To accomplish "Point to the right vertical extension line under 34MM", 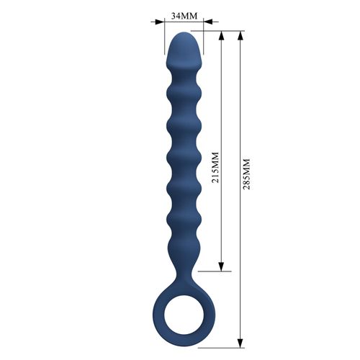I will (203, 40).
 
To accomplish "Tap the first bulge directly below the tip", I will (184, 88).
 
